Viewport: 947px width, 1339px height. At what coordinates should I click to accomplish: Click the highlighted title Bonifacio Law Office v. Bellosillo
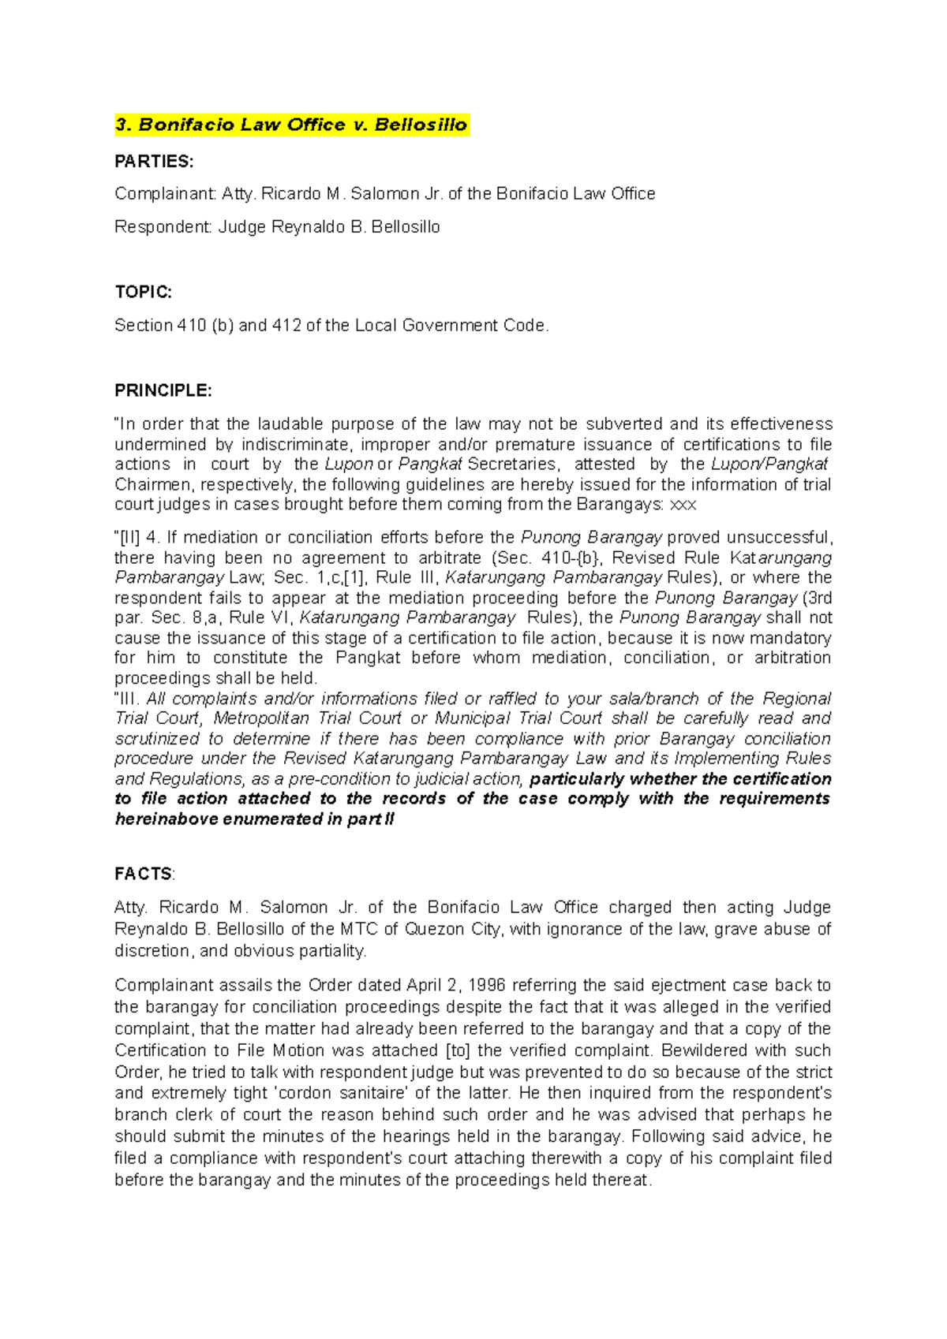[291, 125]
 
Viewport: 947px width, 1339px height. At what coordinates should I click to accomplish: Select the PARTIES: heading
[154, 162]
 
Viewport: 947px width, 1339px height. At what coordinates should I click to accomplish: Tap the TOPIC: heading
[143, 292]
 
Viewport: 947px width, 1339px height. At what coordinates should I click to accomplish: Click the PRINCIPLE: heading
[163, 391]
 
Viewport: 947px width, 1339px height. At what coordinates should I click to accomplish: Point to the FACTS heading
[144, 874]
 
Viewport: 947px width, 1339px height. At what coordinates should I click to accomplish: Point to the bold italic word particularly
[575, 779]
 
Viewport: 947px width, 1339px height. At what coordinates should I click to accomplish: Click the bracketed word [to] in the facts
[459, 1050]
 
